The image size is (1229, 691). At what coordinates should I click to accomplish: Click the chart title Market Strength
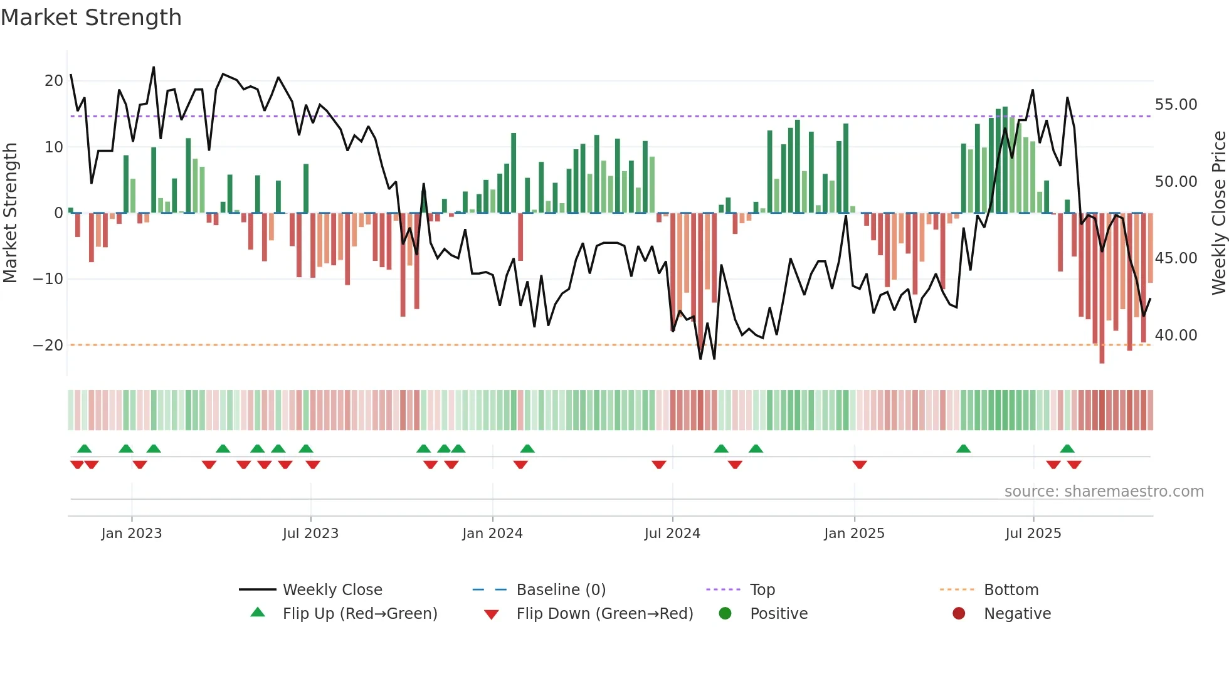pyautogui.click(x=92, y=18)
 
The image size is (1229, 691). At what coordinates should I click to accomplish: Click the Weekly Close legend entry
pyautogui.click(x=332, y=589)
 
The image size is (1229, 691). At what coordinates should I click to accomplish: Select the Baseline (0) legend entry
pyautogui.click(x=561, y=589)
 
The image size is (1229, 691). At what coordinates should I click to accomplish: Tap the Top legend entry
pyautogui.click(x=762, y=589)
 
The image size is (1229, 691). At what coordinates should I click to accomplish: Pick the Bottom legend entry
pyautogui.click(x=1011, y=589)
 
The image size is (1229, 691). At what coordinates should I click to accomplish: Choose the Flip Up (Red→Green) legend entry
pyautogui.click(x=359, y=613)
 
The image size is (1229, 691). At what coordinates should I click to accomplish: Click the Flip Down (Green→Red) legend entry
pyautogui.click(x=604, y=613)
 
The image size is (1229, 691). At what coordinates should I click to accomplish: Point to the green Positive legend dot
pyautogui.click(x=725, y=613)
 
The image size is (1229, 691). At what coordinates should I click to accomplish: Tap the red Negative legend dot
pyautogui.click(x=959, y=613)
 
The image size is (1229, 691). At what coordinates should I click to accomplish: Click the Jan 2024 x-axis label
pyautogui.click(x=492, y=534)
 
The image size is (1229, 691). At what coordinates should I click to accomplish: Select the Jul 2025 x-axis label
pyautogui.click(x=1033, y=534)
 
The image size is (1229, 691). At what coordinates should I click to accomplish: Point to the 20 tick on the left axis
pyautogui.click(x=54, y=81)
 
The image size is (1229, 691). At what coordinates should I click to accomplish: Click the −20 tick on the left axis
pyautogui.click(x=48, y=345)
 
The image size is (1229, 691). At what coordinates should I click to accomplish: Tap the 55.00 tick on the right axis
pyautogui.click(x=1176, y=105)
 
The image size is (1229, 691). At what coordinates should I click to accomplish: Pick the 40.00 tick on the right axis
pyautogui.click(x=1176, y=335)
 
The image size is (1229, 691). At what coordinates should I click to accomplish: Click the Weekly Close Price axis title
pyautogui.click(x=1218, y=213)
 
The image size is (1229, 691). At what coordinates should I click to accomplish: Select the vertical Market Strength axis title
pyautogui.click(x=10, y=213)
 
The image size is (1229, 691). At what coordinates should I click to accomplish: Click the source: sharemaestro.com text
pyautogui.click(x=1104, y=492)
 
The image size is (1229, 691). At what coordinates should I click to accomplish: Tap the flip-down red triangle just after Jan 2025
pyautogui.click(x=860, y=465)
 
